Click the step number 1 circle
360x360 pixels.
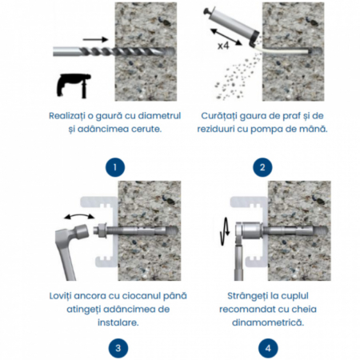point(115,167)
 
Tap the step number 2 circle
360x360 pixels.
point(262,167)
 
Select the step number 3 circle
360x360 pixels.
point(118,348)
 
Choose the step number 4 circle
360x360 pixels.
point(268,348)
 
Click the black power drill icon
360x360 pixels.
point(74,86)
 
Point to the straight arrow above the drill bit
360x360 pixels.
point(95,40)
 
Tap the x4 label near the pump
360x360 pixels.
point(223,46)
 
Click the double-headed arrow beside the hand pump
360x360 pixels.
point(226,37)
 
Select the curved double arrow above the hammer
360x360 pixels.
point(79,215)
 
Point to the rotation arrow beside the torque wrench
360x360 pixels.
point(225,231)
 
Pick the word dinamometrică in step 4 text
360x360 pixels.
point(268,322)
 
